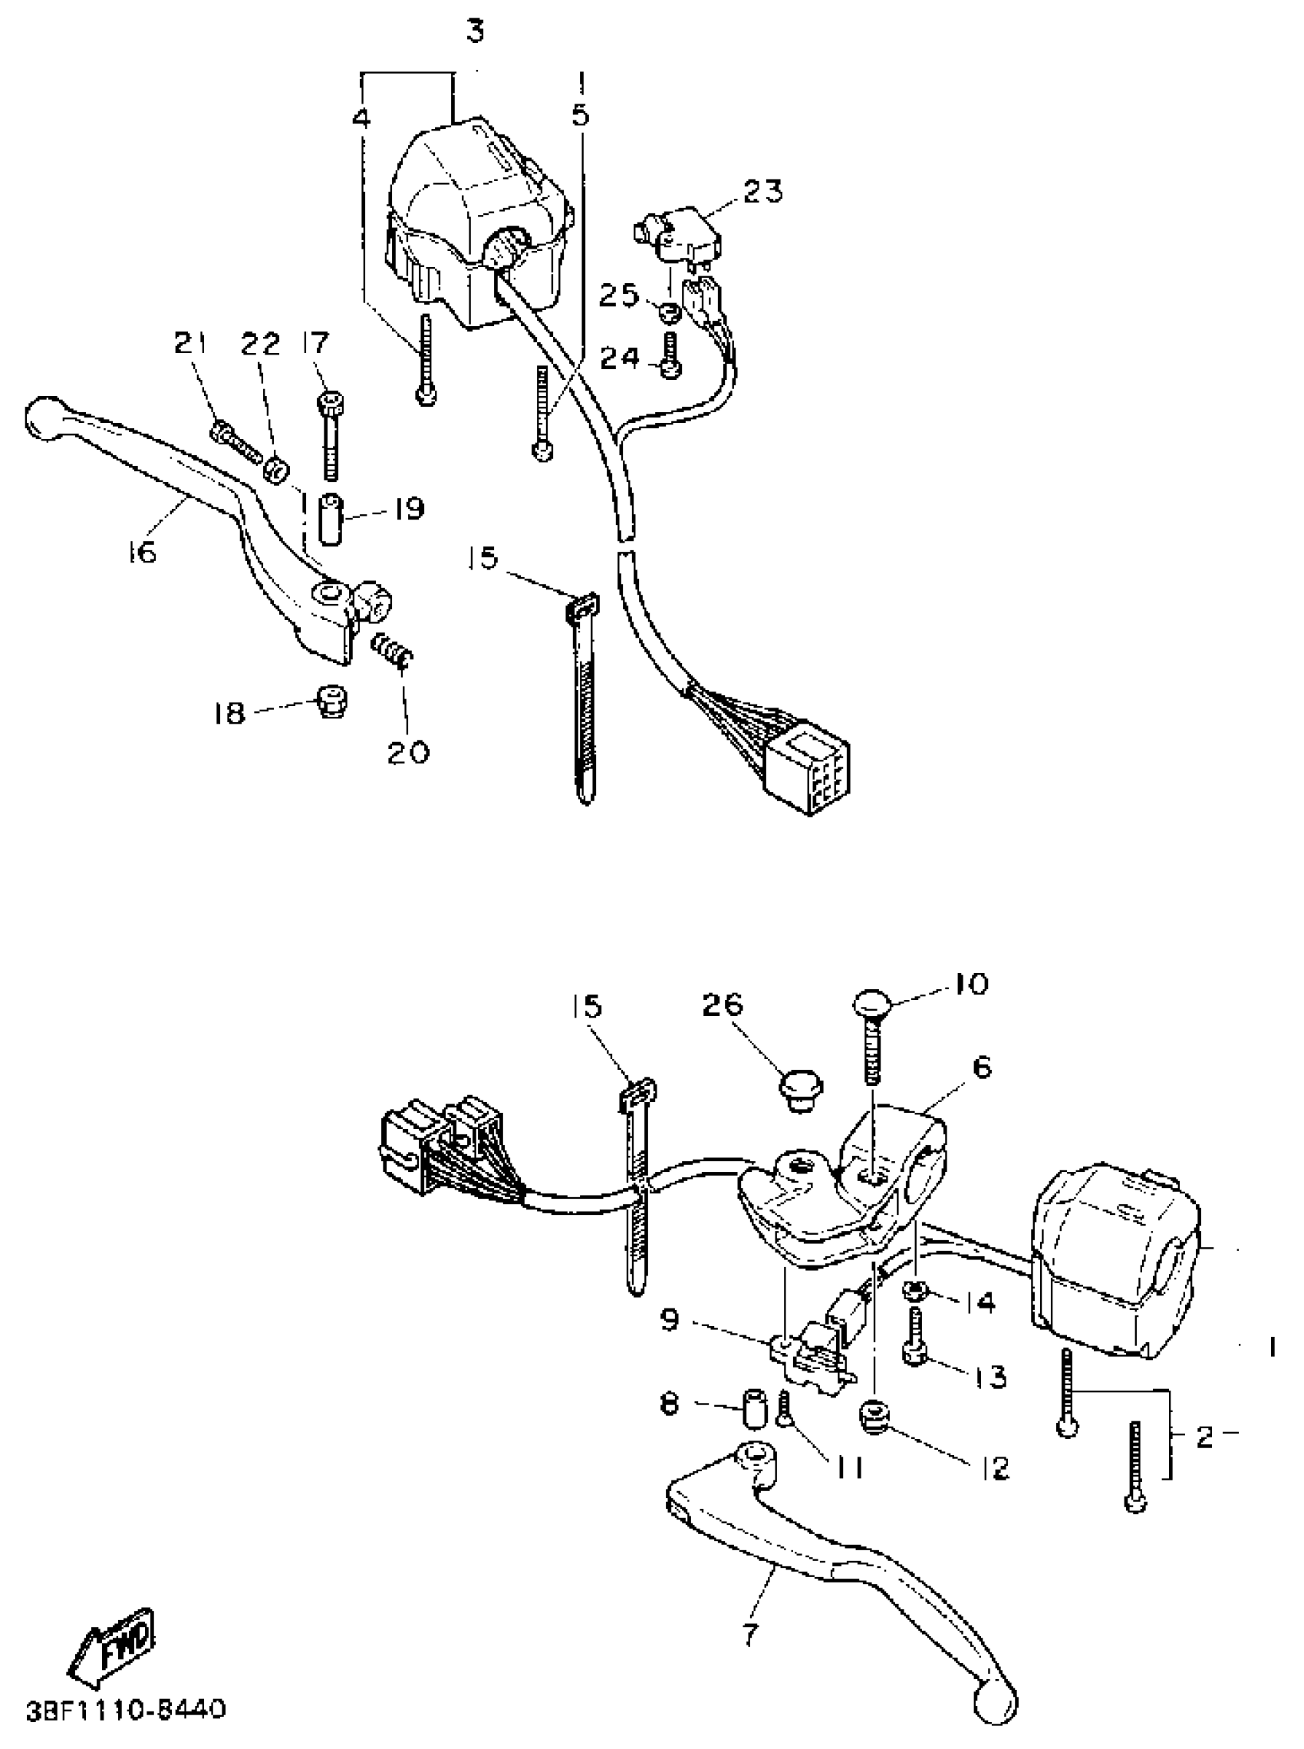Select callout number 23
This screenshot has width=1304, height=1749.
point(761,191)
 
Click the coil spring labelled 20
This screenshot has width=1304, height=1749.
point(390,652)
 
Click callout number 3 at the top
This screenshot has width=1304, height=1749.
point(475,31)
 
